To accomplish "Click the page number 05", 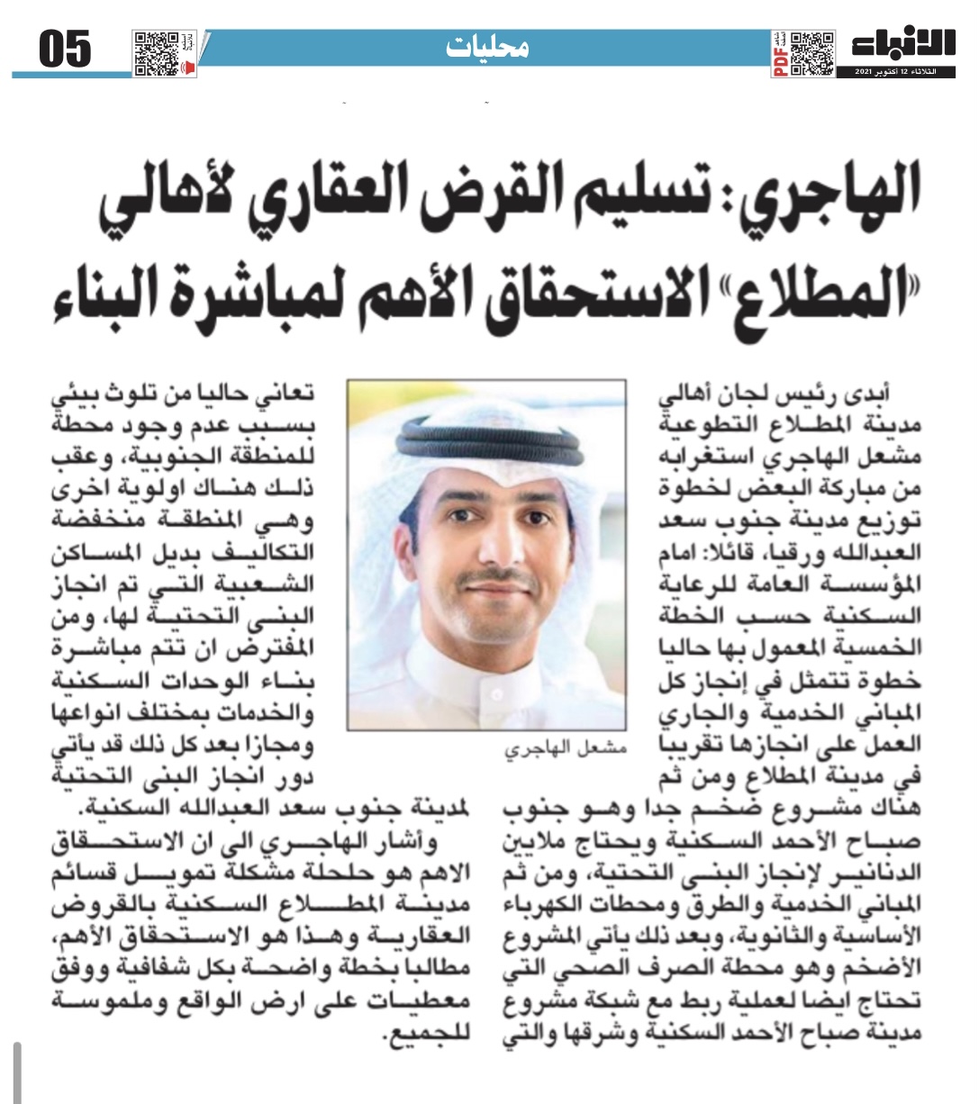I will [x=65, y=50].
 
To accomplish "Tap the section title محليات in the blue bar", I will [x=487, y=48].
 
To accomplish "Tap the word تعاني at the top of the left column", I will [x=289, y=394].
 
